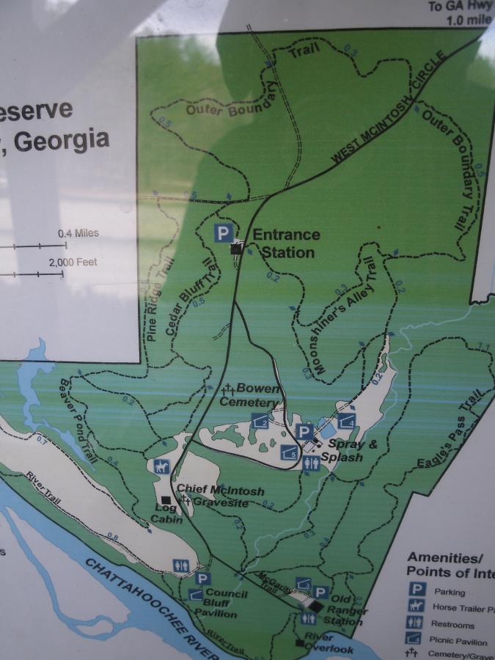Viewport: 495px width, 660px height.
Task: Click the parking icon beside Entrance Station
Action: pyautogui.click(x=224, y=234)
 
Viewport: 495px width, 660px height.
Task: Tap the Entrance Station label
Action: pyautogui.click(x=286, y=243)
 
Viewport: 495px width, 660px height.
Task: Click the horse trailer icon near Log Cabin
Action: pyautogui.click(x=161, y=466)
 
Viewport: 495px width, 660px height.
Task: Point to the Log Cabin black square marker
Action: pyautogui.click(x=165, y=499)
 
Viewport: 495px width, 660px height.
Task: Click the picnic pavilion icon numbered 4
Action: pyautogui.click(x=346, y=422)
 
